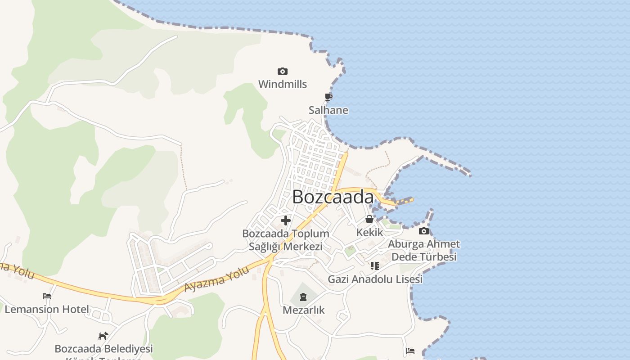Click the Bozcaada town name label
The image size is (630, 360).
click(333, 197)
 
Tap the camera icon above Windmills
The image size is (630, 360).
click(283, 71)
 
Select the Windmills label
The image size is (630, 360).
click(283, 84)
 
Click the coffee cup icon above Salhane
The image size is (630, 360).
click(328, 97)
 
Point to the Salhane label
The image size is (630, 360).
click(328, 110)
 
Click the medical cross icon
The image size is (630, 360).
click(286, 220)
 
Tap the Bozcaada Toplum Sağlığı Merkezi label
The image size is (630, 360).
click(286, 240)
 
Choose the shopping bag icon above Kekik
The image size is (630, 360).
click(369, 219)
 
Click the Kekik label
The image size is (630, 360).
click(369, 232)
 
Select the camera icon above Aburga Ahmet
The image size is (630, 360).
click(423, 231)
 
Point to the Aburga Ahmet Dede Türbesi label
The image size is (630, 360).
click(424, 250)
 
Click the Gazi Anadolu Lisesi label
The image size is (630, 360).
click(375, 279)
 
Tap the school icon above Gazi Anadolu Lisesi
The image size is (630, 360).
click(375, 266)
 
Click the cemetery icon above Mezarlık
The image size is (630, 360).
click(303, 297)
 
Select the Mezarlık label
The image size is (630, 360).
click(303, 310)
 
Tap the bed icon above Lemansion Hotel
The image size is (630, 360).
click(47, 296)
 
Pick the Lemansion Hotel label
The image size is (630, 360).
click(47, 310)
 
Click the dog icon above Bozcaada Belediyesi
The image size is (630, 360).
click(103, 336)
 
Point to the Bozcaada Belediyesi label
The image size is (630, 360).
click(103, 349)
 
